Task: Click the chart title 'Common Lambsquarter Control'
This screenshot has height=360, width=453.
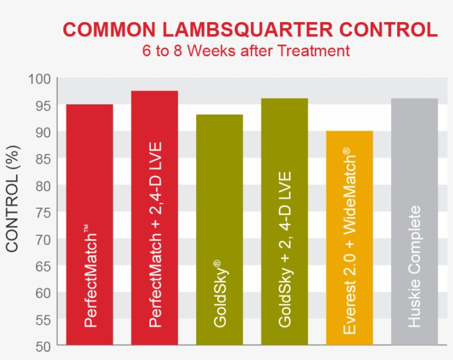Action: coord(250,29)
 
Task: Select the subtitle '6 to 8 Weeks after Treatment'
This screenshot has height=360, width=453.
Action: coord(246,51)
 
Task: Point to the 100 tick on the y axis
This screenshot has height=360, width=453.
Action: coord(39,80)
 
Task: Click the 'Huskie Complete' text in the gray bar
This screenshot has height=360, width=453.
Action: coord(415,266)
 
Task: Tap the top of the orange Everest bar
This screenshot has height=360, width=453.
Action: coord(350,132)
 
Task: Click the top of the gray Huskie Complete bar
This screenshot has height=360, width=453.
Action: coord(414,99)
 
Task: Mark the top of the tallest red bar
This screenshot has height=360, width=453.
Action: coord(154,92)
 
